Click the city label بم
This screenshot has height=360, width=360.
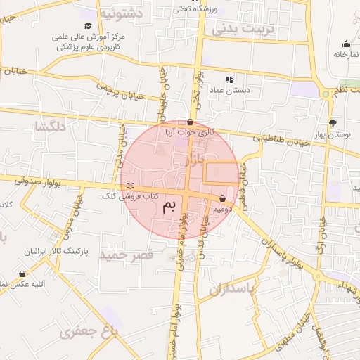(x=169, y=206)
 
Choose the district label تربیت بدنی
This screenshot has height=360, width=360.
(x=236, y=30)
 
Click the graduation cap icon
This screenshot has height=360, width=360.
(x=87, y=26)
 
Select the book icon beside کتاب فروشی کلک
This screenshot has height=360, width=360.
(x=129, y=186)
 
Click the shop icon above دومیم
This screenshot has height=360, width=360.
(x=223, y=199)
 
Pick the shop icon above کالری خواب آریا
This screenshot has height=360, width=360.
(x=190, y=122)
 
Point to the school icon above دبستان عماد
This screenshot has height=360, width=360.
(x=229, y=79)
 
